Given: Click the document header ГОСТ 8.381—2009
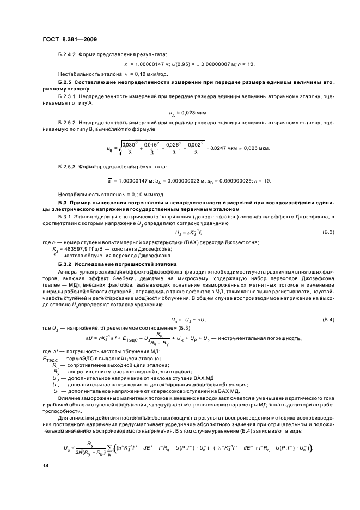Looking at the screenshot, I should pos(66,40).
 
